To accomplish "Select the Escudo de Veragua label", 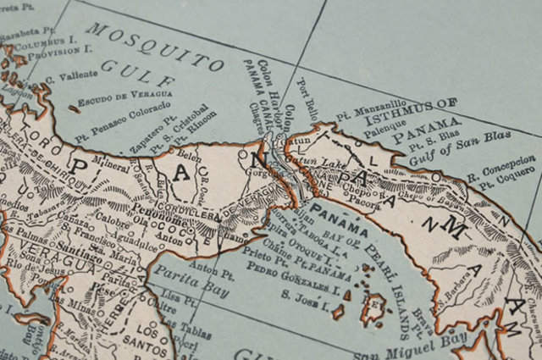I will tap(124, 99).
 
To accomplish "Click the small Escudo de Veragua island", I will tap(75, 108).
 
